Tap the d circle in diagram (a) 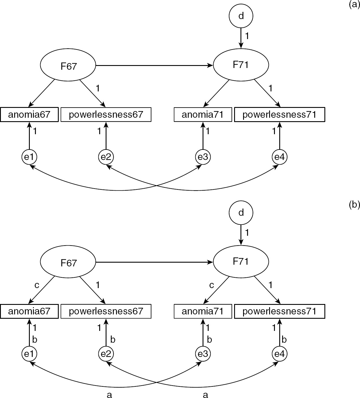tap(241, 16)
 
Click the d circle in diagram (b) tap(241, 213)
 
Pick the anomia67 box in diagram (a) tap(29, 115)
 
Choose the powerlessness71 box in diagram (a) tap(279, 115)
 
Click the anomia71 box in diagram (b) tap(203, 312)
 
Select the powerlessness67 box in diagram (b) tap(106, 312)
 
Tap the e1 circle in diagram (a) tap(29, 157)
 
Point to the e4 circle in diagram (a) tap(280, 157)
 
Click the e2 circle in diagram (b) tap(106, 354)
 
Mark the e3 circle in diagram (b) tap(203, 354)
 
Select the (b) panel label tap(354, 205)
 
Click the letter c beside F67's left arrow tap(37, 285)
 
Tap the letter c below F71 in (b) tap(212, 285)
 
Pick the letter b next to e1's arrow tap(35, 340)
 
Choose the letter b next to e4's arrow tap(284, 340)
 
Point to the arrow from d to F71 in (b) tap(241, 235)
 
